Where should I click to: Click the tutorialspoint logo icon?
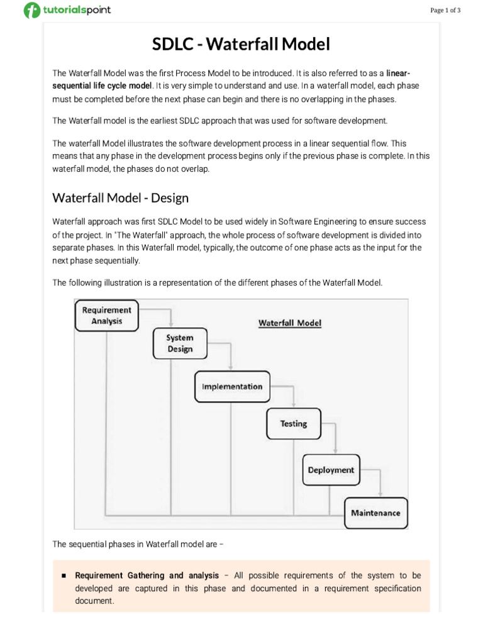pyautogui.click(x=31, y=11)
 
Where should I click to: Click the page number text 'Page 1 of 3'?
pyautogui.click(x=446, y=10)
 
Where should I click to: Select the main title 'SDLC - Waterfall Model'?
pyautogui.click(x=241, y=45)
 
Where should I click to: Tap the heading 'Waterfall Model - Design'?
pyautogui.click(x=120, y=198)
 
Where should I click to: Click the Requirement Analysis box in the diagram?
pyautogui.click(x=107, y=315)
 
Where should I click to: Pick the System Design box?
pyautogui.click(x=180, y=343)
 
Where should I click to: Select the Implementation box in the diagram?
pyautogui.click(x=232, y=386)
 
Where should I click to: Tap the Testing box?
pyautogui.click(x=294, y=423)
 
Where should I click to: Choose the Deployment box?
pyautogui.click(x=331, y=470)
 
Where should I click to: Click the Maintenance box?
pyautogui.click(x=375, y=513)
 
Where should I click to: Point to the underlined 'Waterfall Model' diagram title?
pyautogui.click(x=290, y=323)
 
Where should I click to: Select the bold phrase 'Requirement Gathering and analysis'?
pyautogui.click(x=147, y=575)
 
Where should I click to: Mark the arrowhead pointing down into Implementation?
pyautogui.click(x=232, y=368)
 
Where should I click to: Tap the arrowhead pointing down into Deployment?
pyautogui.click(x=335, y=451)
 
